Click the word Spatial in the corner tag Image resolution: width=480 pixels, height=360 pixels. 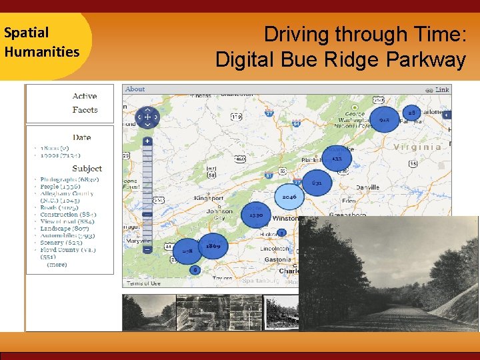coord(26,32)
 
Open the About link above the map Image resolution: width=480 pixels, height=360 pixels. coord(135,89)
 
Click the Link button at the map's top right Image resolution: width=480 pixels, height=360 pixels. coord(442,89)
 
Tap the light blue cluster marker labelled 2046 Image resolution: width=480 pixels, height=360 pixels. coord(289,197)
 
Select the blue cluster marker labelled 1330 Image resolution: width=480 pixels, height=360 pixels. coord(255,215)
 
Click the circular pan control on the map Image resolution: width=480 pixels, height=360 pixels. coord(147,117)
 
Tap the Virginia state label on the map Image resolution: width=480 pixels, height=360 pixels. coord(418,147)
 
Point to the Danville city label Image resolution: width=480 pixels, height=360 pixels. coord(367,187)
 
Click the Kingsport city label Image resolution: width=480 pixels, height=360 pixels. coord(209,198)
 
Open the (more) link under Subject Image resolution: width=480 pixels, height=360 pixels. coord(57,265)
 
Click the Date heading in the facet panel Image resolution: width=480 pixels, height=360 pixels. coord(82,137)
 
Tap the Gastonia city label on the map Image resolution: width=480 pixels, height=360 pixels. coord(277,259)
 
